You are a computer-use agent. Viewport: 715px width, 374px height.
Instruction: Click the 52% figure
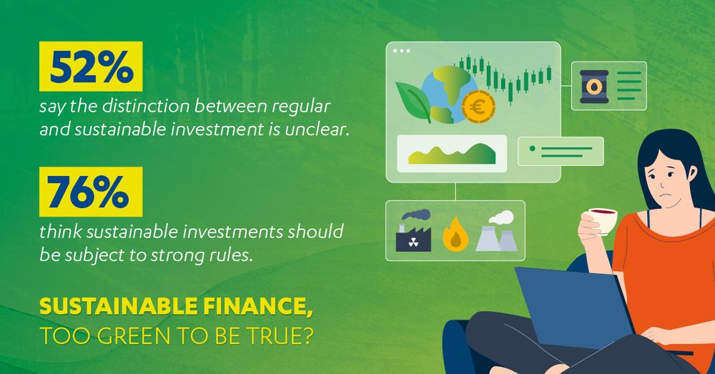pyautogui.click(x=92, y=67)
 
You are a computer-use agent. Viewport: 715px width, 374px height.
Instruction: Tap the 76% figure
pyautogui.click(x=88, y=192)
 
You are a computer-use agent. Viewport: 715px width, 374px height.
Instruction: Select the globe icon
pyautogui.click(x=449, y=95)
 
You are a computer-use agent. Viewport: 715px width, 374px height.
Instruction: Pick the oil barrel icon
pyautogui.click(x=593, y=87)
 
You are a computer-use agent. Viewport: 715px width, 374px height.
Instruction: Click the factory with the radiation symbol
pyautogui.click(x=413, y=231)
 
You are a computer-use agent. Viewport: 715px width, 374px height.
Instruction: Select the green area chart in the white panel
pyautogui.click(x=452, y=154)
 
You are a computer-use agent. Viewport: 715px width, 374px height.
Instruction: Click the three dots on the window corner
pyautogui.click(x=401, y=51)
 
